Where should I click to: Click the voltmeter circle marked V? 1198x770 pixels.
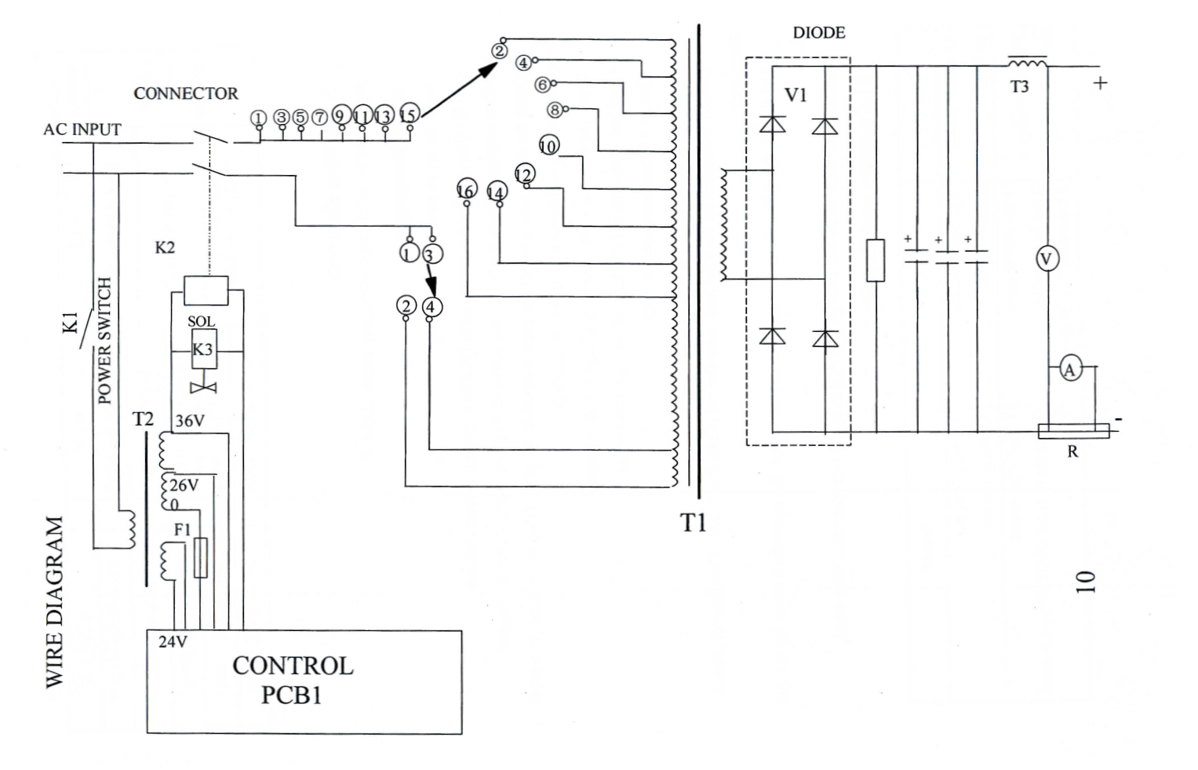1047,259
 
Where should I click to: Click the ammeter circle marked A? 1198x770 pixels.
1069,370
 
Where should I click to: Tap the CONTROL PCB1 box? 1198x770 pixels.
304,682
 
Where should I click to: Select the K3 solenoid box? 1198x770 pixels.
204,349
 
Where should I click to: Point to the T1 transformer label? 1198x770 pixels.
693,522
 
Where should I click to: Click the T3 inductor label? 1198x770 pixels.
1019,86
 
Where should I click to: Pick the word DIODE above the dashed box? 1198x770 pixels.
819,33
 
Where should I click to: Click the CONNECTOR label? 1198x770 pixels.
186,93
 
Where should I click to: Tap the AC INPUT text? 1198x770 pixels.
82,130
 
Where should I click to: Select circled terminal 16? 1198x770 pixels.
466,190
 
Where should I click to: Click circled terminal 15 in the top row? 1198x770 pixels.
410,114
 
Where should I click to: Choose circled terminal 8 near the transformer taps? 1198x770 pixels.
555,110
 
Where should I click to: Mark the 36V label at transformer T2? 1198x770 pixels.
190,421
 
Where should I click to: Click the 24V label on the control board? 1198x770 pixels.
173,642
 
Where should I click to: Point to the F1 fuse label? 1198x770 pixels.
182,530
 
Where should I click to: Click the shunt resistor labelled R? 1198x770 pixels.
1073,431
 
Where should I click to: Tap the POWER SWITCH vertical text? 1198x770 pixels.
105,341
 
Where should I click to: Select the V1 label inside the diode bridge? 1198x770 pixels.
796,95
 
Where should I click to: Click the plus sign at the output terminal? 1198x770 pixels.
1100,83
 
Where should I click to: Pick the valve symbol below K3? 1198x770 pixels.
204,388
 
